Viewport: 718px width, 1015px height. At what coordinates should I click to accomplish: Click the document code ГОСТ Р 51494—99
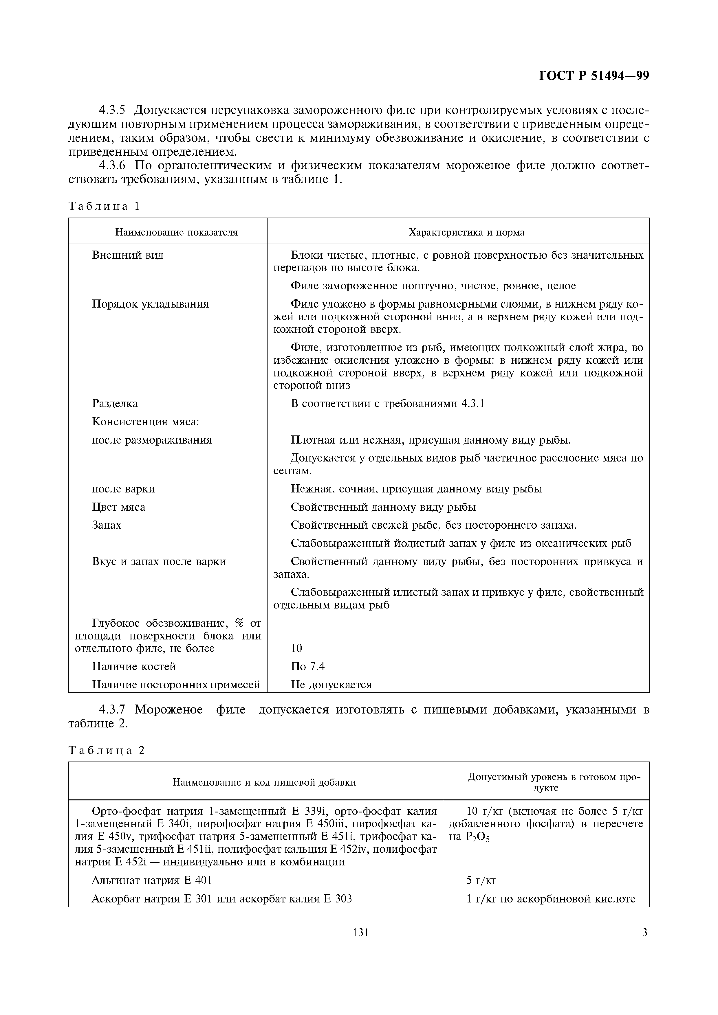(594, 76)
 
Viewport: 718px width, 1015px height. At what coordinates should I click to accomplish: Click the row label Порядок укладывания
(151, 304)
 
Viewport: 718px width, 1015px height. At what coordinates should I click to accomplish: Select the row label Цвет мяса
(119, 507)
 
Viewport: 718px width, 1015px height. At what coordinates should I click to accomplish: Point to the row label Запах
(107, 525)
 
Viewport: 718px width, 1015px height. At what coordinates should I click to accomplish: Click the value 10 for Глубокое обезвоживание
(296, 648)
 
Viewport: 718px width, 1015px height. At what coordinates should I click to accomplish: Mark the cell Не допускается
(331, 685)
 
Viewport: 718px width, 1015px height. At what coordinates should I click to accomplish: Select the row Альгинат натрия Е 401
(152, 880)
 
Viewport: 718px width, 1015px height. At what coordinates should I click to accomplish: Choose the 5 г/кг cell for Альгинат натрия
(481, 880)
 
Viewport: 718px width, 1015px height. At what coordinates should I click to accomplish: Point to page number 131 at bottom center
(360, 933)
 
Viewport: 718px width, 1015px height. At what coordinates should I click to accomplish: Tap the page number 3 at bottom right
(644, 933)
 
